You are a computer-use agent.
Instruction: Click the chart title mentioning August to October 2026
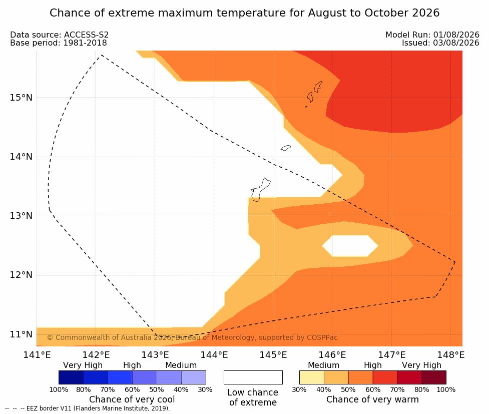244,13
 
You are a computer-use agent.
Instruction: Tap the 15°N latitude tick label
21,98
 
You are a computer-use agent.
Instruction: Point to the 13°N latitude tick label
21,216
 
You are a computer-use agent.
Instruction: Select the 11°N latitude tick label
21,334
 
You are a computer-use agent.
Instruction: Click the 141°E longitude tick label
37,355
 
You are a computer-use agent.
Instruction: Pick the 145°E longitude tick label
273,355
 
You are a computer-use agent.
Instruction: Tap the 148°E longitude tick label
450,355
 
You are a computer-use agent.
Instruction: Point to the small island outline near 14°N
285,148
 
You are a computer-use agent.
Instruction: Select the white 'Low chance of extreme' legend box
253,377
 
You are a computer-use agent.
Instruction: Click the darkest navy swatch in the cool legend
71,377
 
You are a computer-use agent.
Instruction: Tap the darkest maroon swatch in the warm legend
434,377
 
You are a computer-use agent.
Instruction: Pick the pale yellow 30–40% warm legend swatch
311,377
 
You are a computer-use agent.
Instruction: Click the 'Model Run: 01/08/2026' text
432,35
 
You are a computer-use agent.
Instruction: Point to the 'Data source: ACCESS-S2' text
59,35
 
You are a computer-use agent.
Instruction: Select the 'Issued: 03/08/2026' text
440,43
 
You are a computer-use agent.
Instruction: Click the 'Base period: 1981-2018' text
59,43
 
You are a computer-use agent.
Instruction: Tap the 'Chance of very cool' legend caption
132,399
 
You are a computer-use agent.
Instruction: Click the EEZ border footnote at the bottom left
88,408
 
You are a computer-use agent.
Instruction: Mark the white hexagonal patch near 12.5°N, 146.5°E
350,246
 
